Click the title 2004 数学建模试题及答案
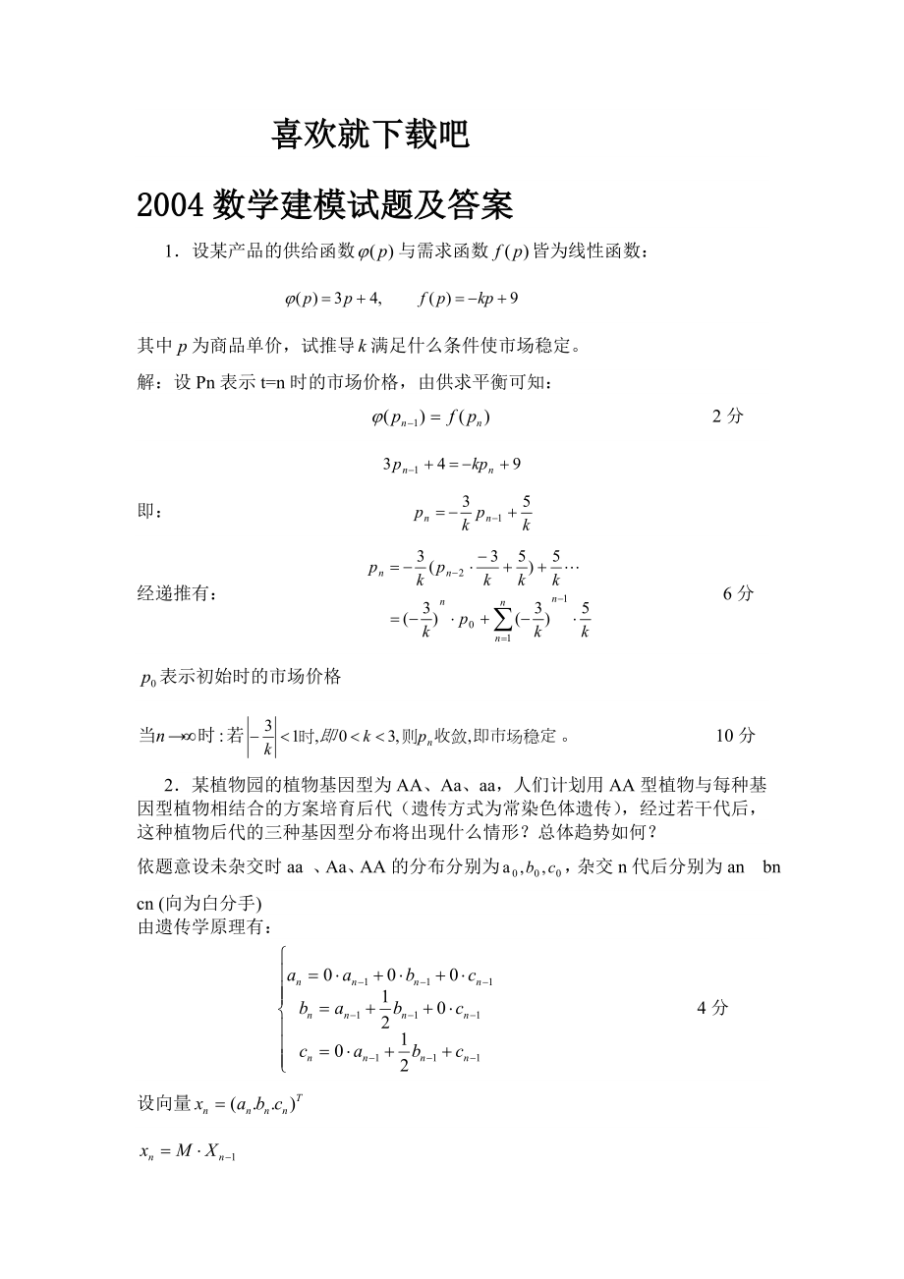coord(325,204)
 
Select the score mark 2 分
coord(727,416)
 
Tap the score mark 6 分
coord(738,593)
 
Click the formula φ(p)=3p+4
coord(332,298)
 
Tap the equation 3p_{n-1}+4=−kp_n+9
coord(451,464)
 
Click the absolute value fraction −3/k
coord(260,735)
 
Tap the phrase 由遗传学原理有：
coord(201,925)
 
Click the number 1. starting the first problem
coord(172,252)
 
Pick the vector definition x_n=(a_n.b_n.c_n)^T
coord(228,1104)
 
